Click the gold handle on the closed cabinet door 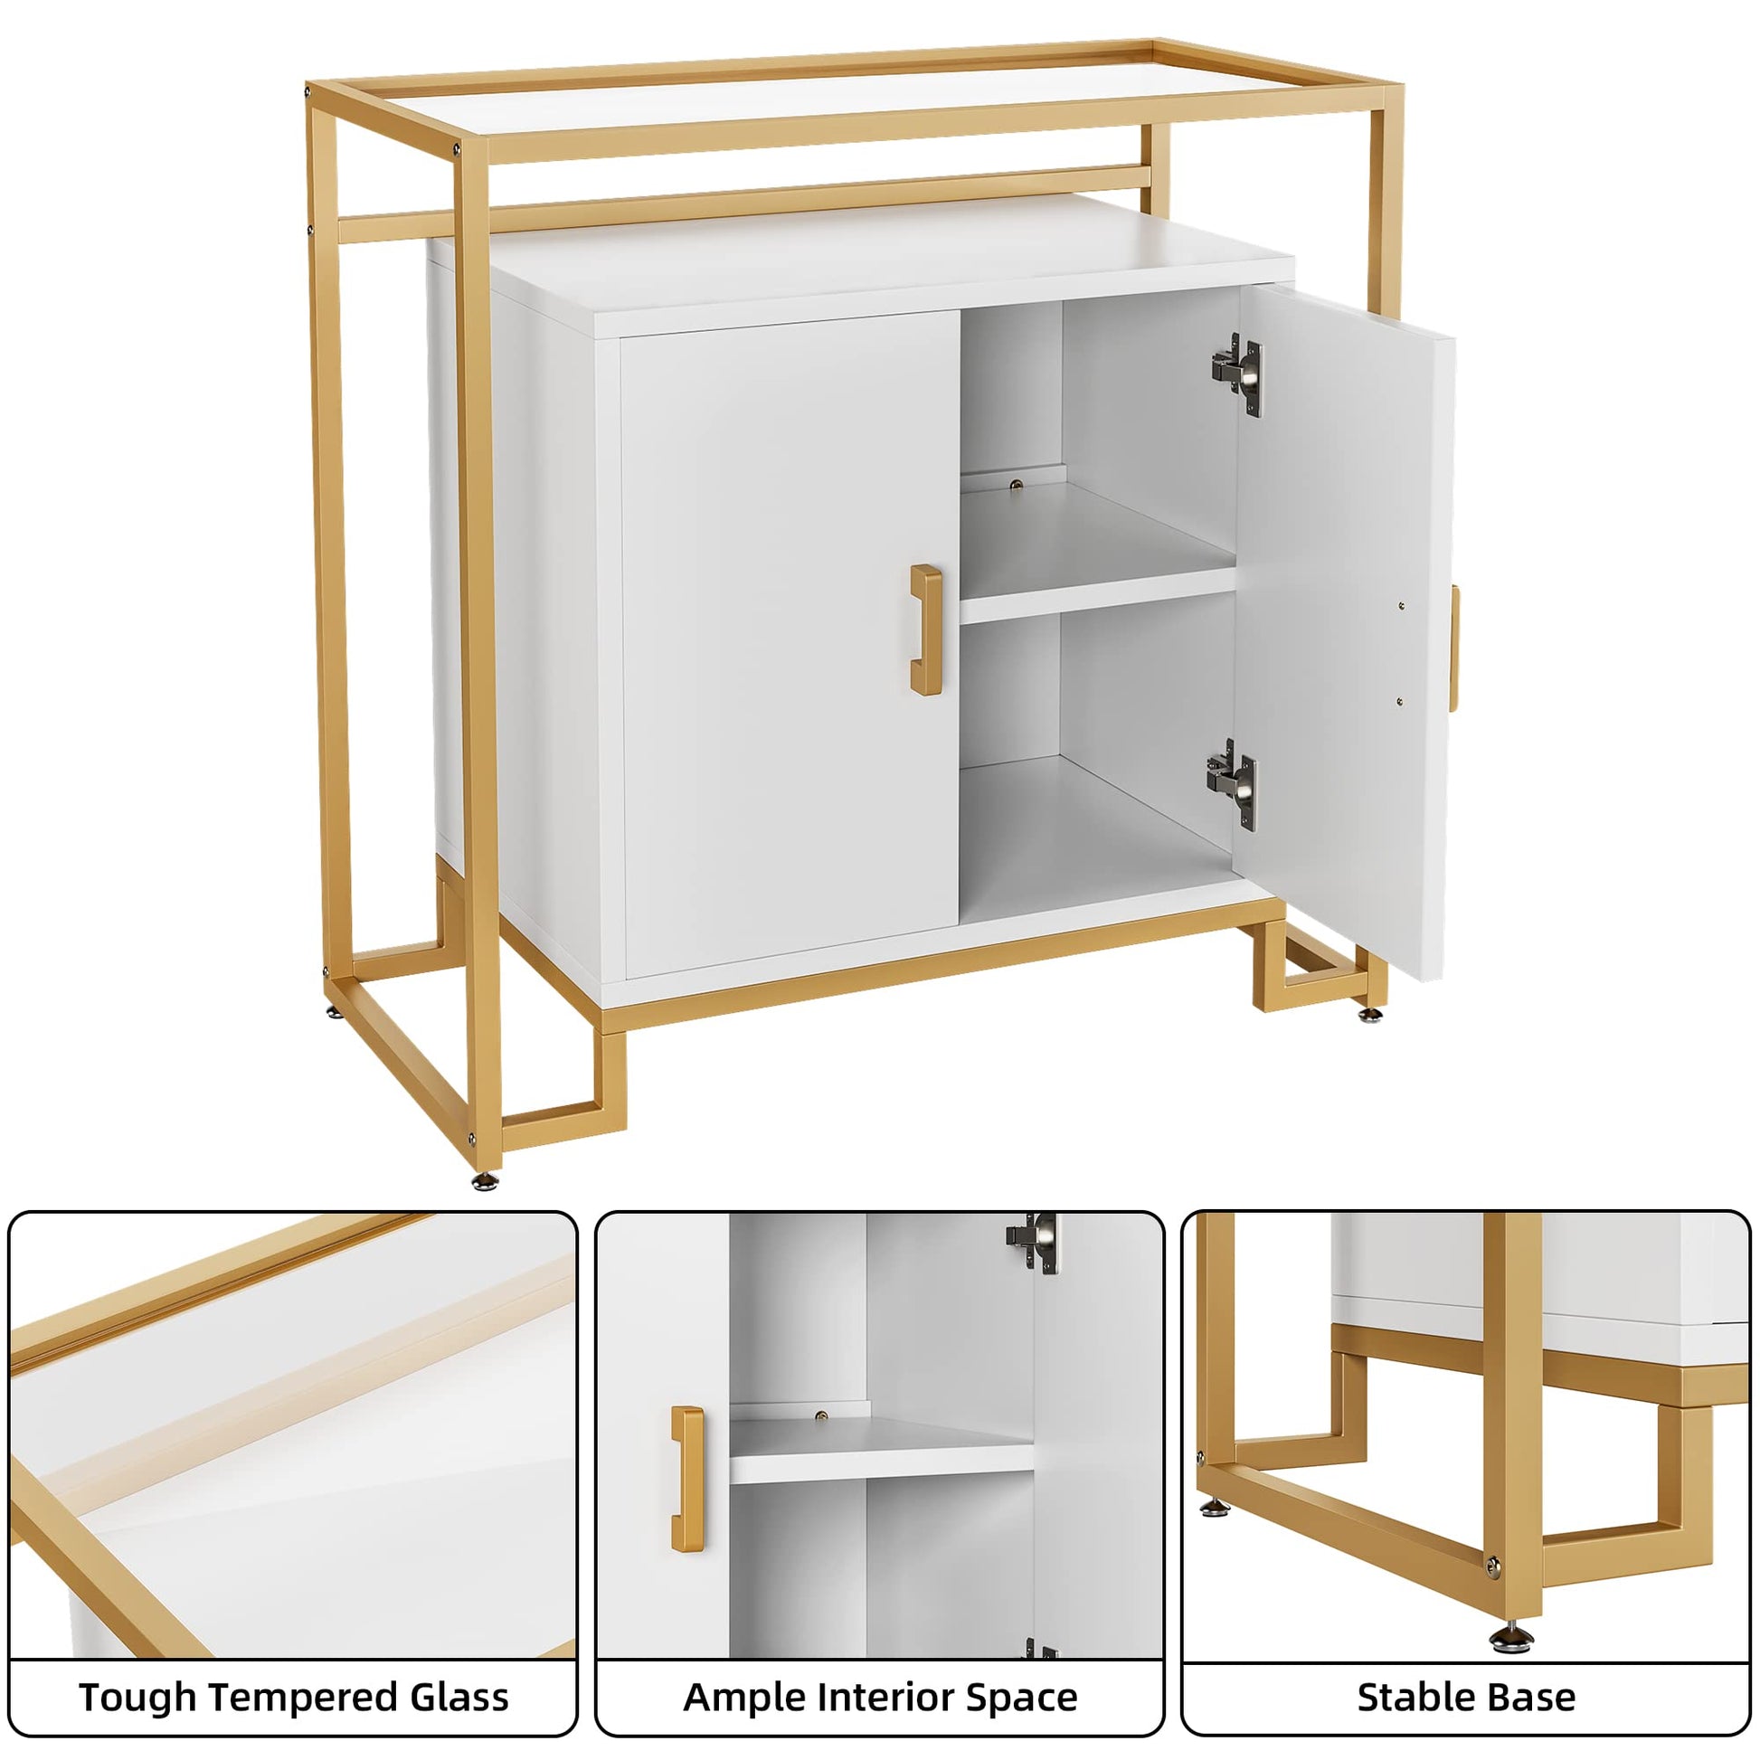tap(925, 629)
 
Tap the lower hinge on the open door tap(1233, 784)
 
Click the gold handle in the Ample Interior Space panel tap(687, 1479)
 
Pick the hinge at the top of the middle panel tap(1033, 1243)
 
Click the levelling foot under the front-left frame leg tap(486, 1181)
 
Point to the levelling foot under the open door tap(1369, 1014)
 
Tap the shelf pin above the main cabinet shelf tap(1017, 487)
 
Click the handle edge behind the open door tap(1455, 648)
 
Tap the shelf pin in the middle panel tap(822, 1415)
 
